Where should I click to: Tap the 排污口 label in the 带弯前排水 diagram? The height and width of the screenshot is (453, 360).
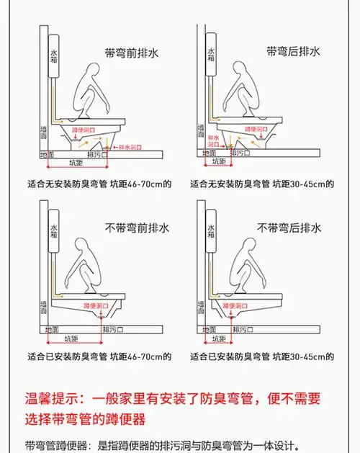98,155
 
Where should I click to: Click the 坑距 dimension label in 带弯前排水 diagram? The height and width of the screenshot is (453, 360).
76,163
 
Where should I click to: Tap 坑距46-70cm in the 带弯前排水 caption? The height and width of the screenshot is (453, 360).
145,183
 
